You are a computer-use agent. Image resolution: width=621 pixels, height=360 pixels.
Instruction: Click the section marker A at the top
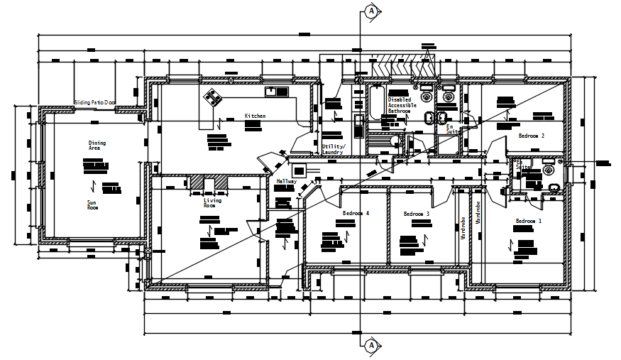tap(370, 10)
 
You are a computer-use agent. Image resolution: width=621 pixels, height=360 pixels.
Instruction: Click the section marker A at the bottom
tap(370, 346)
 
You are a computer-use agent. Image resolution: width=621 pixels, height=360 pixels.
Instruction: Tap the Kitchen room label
tap(255, 116)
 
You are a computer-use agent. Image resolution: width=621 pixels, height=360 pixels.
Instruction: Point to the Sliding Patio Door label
tap(95, 103)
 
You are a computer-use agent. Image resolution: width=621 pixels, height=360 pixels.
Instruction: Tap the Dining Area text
tap(97, 146)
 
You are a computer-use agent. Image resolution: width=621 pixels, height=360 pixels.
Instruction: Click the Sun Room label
tap(92, 204)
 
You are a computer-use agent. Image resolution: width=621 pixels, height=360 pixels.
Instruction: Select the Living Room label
tap(212, 202)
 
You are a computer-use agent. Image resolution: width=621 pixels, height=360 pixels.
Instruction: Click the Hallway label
tap(286, 181)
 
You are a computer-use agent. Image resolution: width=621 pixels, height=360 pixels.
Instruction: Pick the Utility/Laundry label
tap(333, 149)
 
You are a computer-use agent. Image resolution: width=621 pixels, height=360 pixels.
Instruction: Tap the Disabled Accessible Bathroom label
tap(400, 106)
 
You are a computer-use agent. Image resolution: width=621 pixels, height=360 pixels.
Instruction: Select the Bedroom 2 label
tap(531, 135)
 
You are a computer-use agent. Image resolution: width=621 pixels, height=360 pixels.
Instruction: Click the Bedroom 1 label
tap(528, 222)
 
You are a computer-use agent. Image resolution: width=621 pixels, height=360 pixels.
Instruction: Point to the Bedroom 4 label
tap(356, 214)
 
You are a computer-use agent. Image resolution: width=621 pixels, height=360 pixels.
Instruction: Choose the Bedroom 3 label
tap(417, 214)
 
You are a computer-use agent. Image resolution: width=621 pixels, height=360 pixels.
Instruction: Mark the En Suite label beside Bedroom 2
tap(450, 130)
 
